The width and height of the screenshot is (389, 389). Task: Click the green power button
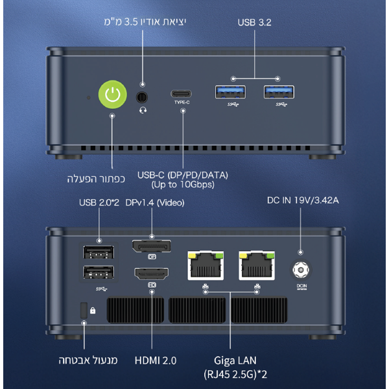tap(112, 96)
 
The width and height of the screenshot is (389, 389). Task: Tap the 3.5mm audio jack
tap(143, 97)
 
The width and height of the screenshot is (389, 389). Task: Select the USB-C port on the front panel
tap(183, 93)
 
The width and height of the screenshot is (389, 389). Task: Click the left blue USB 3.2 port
tap(230, 92)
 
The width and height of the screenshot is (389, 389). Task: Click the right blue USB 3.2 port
tap(278, 92)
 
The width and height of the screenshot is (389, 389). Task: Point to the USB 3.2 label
tap(253, 22)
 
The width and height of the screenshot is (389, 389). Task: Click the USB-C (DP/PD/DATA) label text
tap(183, 176)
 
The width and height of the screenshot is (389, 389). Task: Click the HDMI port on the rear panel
tap(152, 274)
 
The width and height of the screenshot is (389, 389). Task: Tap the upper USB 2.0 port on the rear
tap(99, 252)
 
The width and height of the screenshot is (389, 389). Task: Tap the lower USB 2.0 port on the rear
tap(99, 274)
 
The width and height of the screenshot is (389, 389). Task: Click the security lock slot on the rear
tap(83, 311)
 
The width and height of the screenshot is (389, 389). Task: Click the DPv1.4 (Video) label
tap(155, 203)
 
